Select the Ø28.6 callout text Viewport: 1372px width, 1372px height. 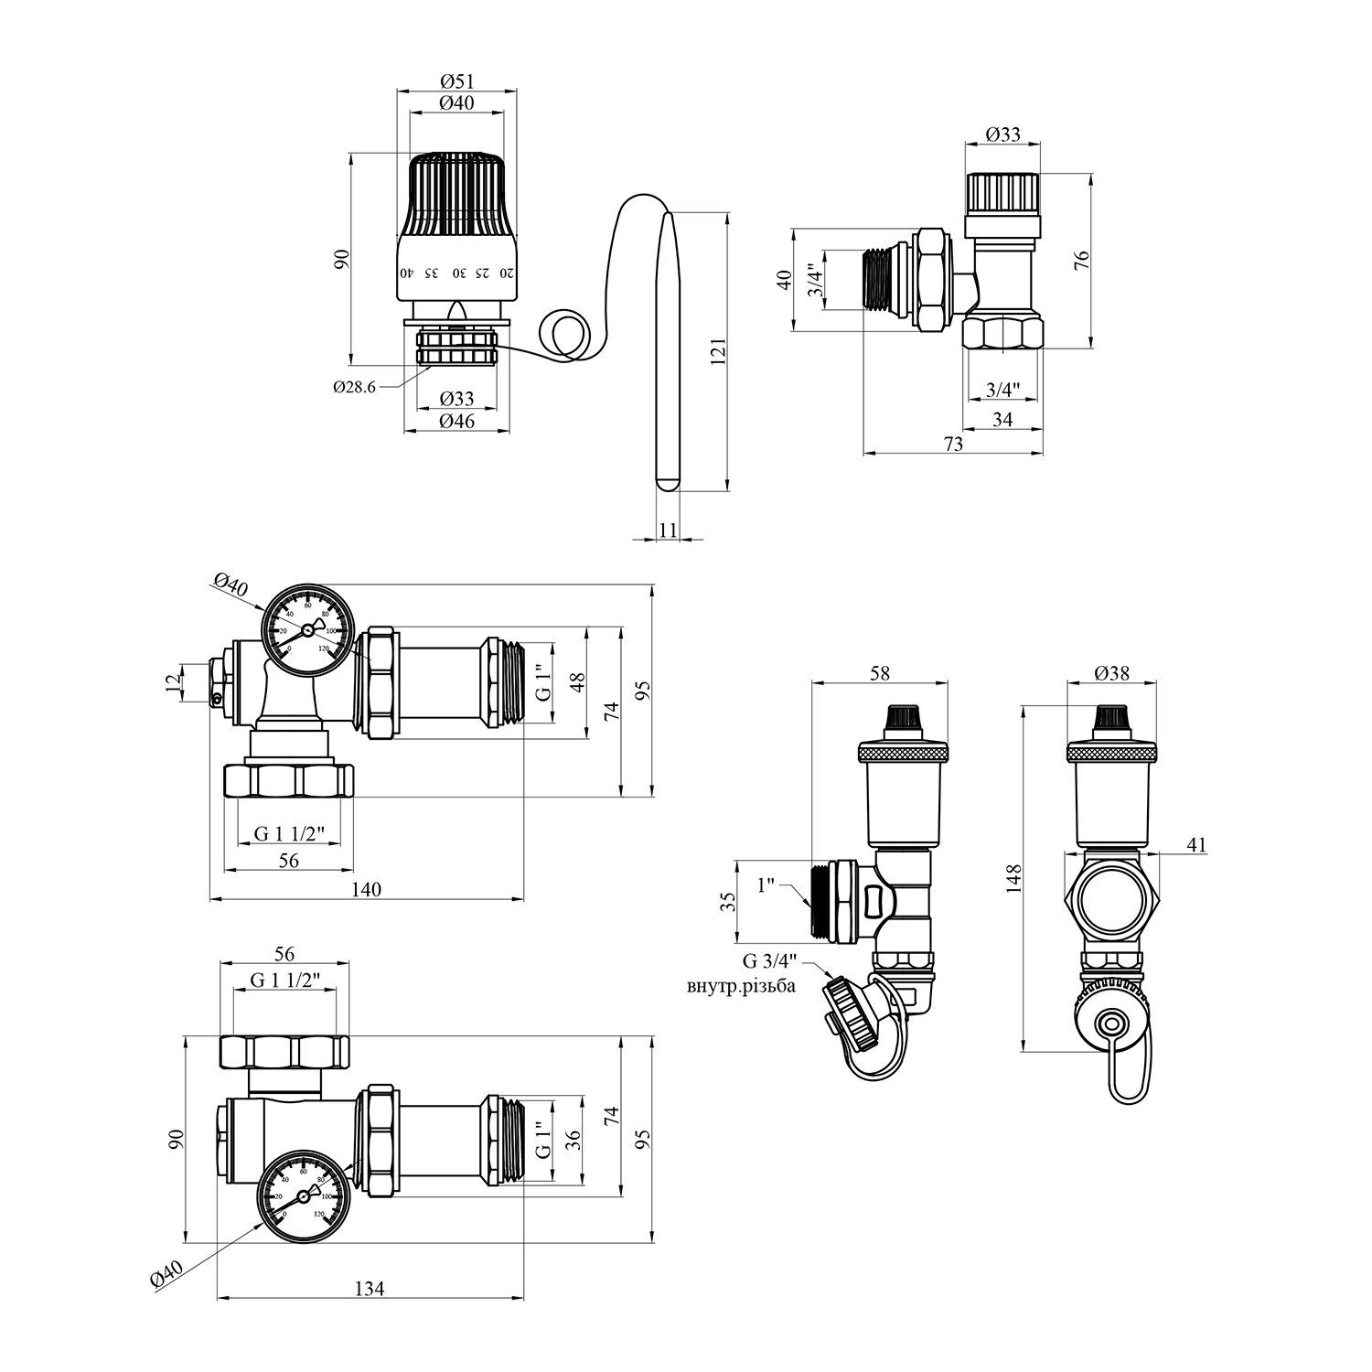point(354,387)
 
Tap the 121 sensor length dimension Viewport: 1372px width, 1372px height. point(716,352)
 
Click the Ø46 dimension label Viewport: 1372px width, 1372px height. point(456,422)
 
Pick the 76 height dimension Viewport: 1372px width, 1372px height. point(1081,261)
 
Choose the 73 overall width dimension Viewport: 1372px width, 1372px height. point(953,444)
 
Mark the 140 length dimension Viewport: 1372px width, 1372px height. point(367,889)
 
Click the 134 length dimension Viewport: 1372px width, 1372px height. point(370,1288)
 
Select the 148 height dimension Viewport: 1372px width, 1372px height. point(1012,878)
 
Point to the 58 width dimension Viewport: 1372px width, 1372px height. point(880,673)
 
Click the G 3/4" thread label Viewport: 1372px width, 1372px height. point(770,961)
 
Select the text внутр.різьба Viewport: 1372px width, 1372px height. point(741,986)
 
